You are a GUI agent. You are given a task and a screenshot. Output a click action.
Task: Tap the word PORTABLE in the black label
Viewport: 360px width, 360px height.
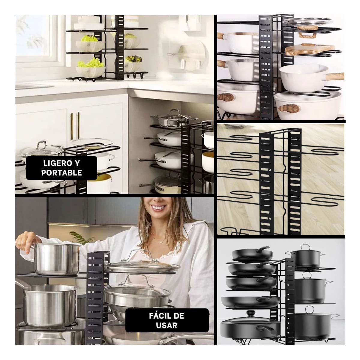[x=61, y=173]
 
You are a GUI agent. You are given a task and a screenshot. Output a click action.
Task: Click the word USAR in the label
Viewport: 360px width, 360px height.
[x=167, y=325]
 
